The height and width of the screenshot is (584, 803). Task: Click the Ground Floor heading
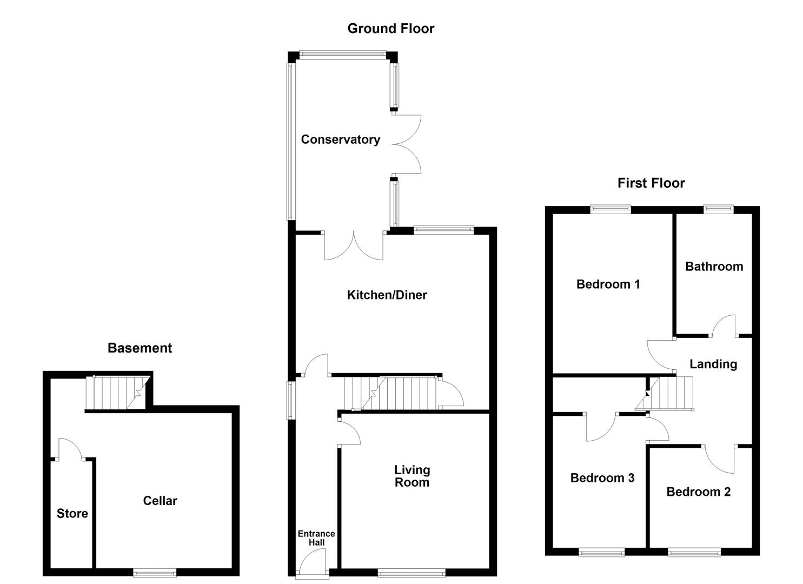point(390,29)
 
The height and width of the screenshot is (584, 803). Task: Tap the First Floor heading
point(651,183)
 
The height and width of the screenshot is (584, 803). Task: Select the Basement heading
point(140,348)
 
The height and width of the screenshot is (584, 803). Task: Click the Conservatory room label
point(340,140)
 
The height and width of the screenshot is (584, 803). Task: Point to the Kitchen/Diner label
point(387,295)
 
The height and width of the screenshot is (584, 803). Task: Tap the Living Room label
point(412,476)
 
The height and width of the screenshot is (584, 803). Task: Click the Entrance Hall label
point(316,538)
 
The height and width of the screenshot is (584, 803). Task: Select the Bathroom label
point(714,267)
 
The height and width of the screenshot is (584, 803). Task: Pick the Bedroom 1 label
point(608,284)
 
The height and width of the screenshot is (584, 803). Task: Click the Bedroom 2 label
point(698,492)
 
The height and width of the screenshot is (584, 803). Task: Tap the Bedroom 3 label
point(602,478)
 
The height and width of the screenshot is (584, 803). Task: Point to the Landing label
point(713,364)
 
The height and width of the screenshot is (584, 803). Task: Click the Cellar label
point(160,501)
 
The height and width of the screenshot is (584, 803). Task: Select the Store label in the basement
point(72,514)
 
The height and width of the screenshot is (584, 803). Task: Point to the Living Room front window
point(412,573)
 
